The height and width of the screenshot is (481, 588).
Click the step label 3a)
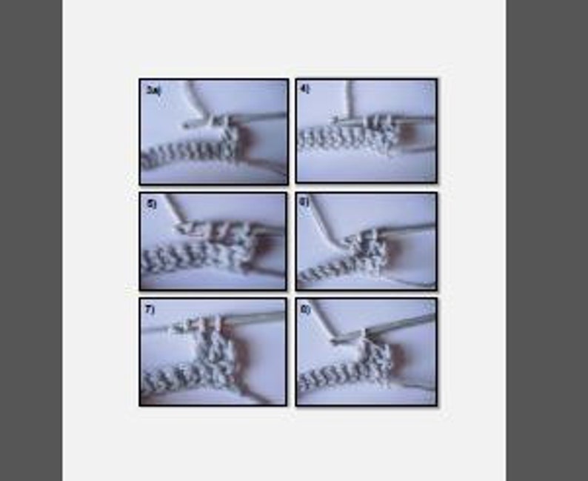pyautogui.click(x=153, y=89)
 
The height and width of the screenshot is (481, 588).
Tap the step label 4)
pyautogui.click(x=304, y=88)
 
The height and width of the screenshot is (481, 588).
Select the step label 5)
pyautogui.click(x=150, y=202)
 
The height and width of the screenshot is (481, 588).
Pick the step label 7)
pyautogui.click(x=150, y=309)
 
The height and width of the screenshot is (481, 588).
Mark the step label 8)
pyautogui.click(x=304, y=308)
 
